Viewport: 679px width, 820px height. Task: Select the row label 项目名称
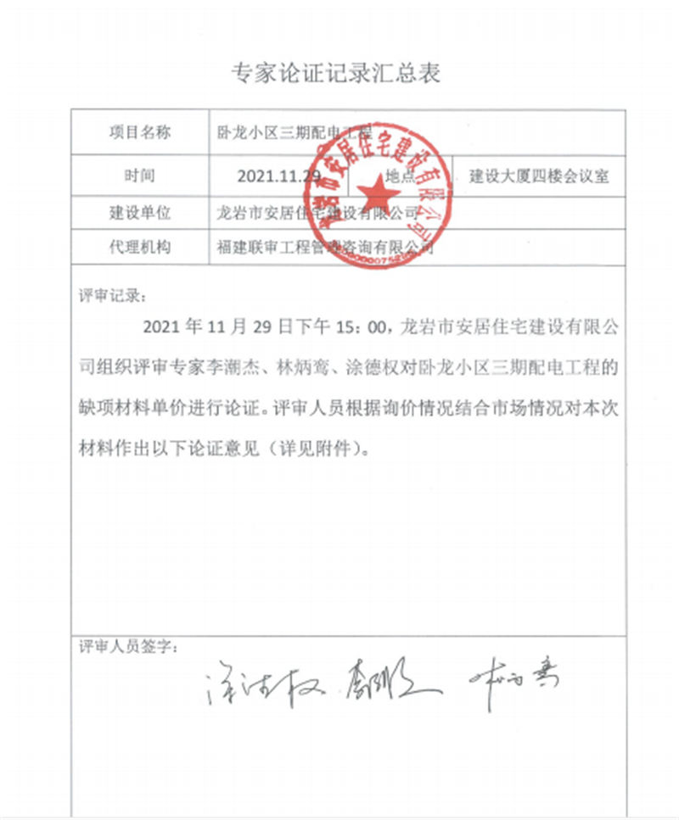[139, 131]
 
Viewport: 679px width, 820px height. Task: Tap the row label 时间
[139, 176]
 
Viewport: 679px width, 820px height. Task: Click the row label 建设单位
[139, 211]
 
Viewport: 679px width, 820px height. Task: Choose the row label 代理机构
[139, 248]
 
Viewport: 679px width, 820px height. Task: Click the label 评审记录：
[112, 297]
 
